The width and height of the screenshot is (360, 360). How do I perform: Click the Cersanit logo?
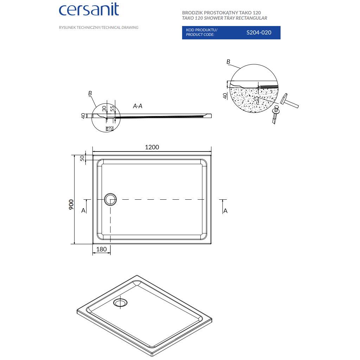[x=89, y=10]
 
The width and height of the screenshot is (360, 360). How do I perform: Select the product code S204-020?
[x=258, y=32]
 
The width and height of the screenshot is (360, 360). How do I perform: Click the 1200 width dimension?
[x=152, y=147]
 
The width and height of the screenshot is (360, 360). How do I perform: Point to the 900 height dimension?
[x=71, y=204]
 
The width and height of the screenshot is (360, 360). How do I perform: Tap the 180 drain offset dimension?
[x=101, y=249]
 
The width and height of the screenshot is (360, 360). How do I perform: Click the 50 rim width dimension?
[x=83, y=158]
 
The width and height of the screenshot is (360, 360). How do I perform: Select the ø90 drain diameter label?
[x=109, y=128]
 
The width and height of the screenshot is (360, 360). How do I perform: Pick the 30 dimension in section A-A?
[x=104, y=109]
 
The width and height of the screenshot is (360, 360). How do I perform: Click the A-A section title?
[x=137, y=106]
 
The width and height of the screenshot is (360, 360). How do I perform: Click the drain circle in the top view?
[x=110, y=199]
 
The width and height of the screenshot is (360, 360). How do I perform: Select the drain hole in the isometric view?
[x=121, y=302]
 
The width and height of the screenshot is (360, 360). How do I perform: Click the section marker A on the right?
[x=225, y=211]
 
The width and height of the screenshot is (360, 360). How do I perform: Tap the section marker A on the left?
[x=83, y=210]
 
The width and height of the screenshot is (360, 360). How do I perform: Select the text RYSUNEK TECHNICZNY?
[x=80, y=27]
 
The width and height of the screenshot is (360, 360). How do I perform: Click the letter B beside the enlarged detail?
[x=228, y=62]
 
